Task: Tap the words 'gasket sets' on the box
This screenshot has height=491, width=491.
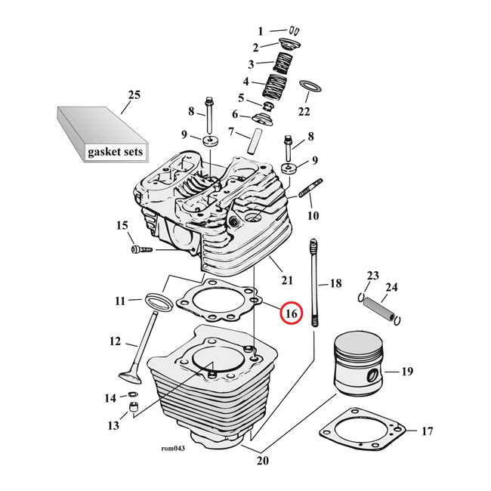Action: click(x=114, y=152)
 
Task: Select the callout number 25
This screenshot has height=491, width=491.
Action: click(x=134, y=95)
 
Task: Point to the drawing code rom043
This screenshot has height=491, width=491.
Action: click(x=173, y=447)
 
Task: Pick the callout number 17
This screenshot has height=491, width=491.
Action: click(x=427, y=431)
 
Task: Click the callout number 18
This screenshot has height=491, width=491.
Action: click(x=335, y=283)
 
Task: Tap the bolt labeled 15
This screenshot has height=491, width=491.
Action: click(x=141, y=249)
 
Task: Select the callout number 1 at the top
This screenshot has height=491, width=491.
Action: click(x=261, y=31)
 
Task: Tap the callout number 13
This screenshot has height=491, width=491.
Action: click(x=113, y=426)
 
